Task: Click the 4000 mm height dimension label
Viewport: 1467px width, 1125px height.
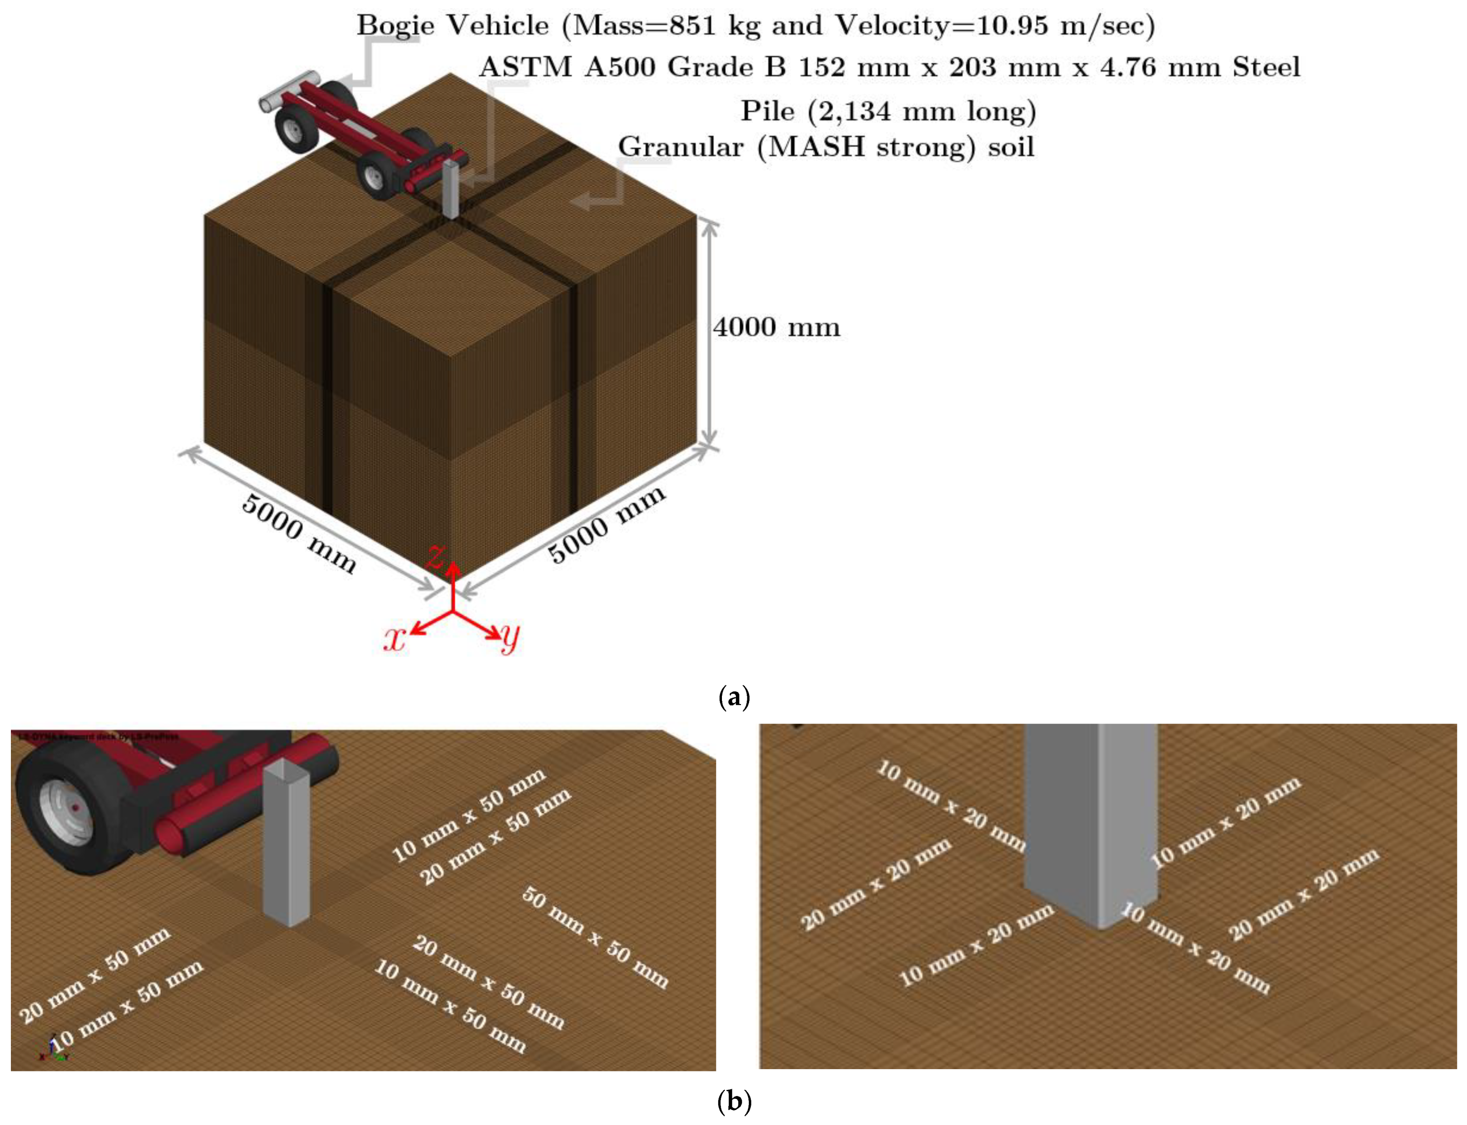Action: pos(776,327)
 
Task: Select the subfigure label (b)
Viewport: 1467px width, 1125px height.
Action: pos(734,1101)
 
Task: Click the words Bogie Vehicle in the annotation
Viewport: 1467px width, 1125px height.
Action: pos(452,25)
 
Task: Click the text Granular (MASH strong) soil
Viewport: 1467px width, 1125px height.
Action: pos(826,147)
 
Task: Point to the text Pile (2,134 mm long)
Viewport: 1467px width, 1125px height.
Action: pos(888,110)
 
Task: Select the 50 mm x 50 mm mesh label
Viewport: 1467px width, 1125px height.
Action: pos(595,937)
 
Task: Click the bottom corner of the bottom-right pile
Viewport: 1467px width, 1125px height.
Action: pos(1101,927)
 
